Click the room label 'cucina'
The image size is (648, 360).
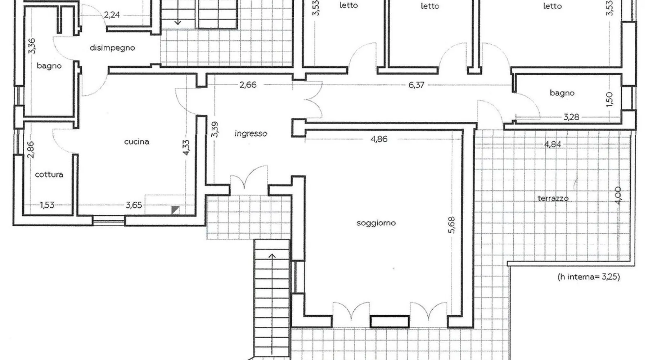[136, 142]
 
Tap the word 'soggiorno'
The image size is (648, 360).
[376, 223]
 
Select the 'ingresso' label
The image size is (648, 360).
[251, 134]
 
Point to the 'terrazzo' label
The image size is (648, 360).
[553, 198]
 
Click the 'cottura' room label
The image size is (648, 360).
[49, 175]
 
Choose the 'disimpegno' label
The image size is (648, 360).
[112, 48]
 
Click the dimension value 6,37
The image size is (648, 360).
[416, 85]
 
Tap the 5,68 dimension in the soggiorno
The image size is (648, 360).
[452, 225]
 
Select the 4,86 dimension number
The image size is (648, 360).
[379, 139]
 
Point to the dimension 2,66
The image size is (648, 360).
[248, 85]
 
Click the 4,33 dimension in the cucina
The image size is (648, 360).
[186, 147]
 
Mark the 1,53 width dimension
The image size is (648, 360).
[47, 205]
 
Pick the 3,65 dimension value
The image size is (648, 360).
[134, 205]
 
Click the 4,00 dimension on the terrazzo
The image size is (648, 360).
[618, 195]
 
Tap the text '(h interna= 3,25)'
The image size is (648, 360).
[588, 277]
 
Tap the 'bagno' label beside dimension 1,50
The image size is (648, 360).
[562, 93]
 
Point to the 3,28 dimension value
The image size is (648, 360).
[571, 117]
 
